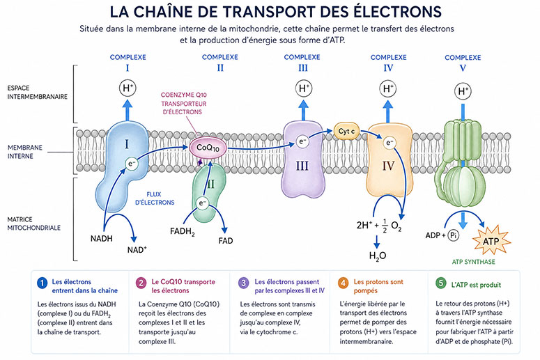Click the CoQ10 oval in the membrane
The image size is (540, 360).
point(208,148)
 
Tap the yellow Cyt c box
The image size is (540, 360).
point(346,131)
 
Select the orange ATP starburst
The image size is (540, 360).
point(491,240)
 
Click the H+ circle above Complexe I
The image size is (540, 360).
point(128,88)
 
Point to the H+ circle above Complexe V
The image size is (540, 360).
point(463,91)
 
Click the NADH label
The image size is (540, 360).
point(101,239)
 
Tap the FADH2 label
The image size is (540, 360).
point(183,232)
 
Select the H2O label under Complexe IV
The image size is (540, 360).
point(378,256)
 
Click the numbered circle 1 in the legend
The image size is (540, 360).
point(42,283)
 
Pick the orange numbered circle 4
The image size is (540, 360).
point(343,283)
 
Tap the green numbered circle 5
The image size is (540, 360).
point(440,283)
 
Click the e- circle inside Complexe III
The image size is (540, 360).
point(302,141)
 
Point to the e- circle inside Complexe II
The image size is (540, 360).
point(202,203)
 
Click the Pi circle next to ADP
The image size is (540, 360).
point(453,235)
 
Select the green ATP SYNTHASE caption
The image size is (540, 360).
point(473,262)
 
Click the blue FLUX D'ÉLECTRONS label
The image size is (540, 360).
point(155,198)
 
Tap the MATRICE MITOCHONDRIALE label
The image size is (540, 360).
point(33,224)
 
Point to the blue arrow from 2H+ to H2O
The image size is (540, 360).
point(377,241)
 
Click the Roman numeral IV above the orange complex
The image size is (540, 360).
point(388,68)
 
